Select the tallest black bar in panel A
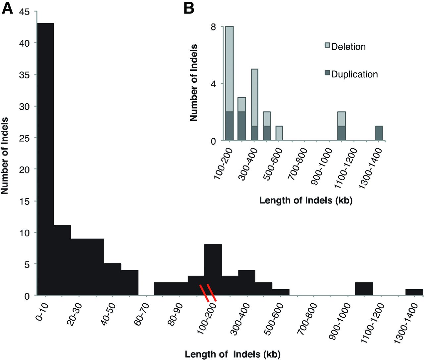(x=45, y=159)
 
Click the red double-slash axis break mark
(x=208, y=292)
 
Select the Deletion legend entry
(x=348, y=47)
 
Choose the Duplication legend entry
(x=354, y=74)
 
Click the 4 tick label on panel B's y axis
(x=214, y=84)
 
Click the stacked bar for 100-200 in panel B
(x=230, y=84)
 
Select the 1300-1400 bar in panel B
(x=379, y=134)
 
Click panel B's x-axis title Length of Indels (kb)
(x=305, y=201)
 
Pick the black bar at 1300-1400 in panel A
(x=414, y=292)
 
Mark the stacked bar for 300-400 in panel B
(x=254, y=105)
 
